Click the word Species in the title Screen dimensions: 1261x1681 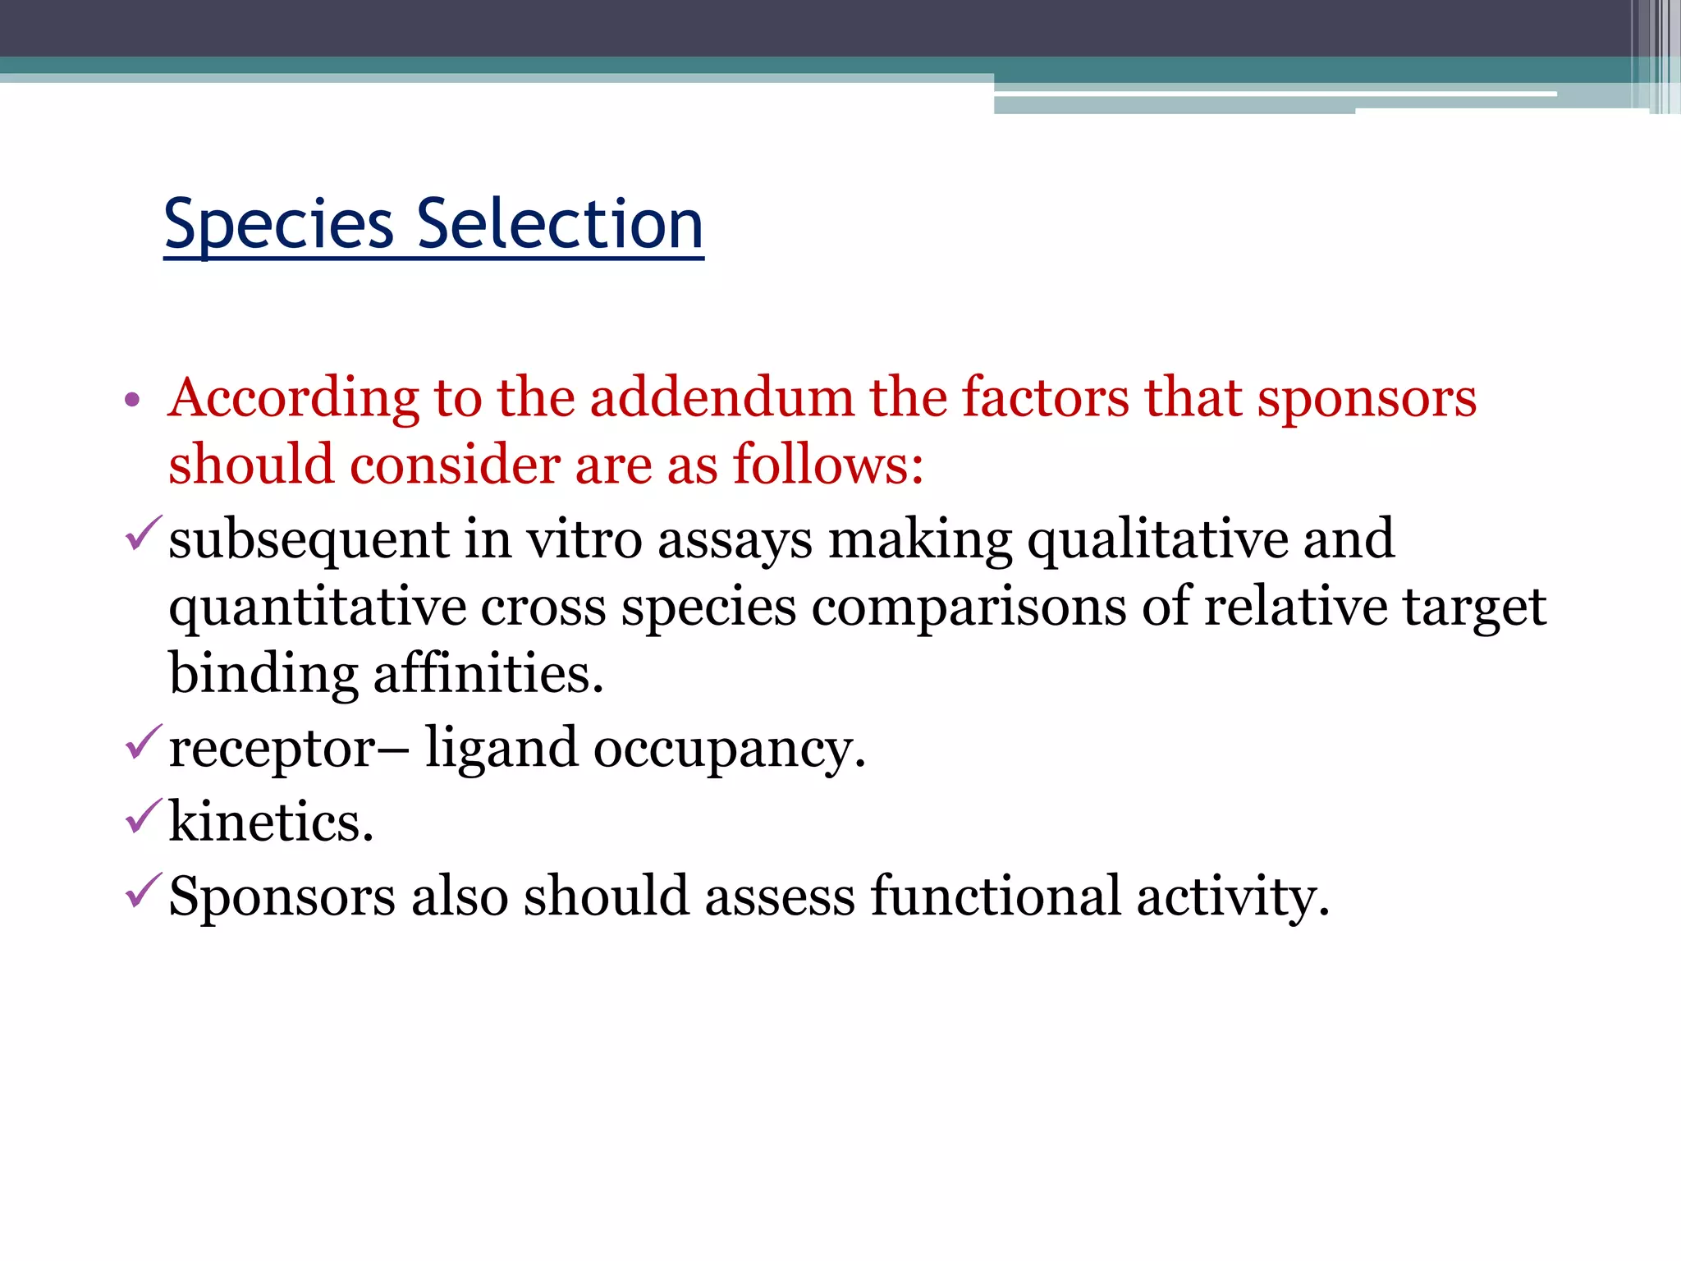[x=279, y=226]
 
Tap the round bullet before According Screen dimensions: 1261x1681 [x=132, y=401]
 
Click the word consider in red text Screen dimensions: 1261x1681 [x=455, y=465]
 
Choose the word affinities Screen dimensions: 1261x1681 [x=488, y=673]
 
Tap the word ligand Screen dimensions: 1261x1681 [x=501, y=750]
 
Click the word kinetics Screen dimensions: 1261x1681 [x=271, y=822]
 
